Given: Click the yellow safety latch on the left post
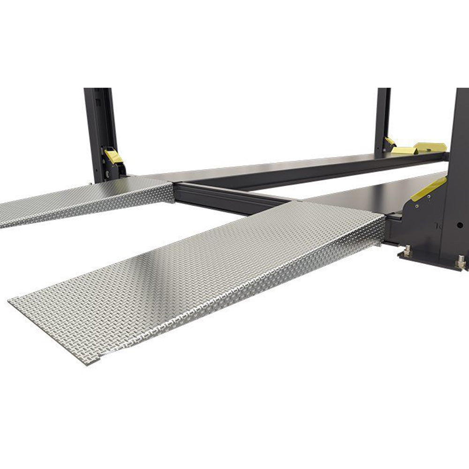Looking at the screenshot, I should pos(113,156).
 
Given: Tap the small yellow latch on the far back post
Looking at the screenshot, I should pos(389,141).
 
